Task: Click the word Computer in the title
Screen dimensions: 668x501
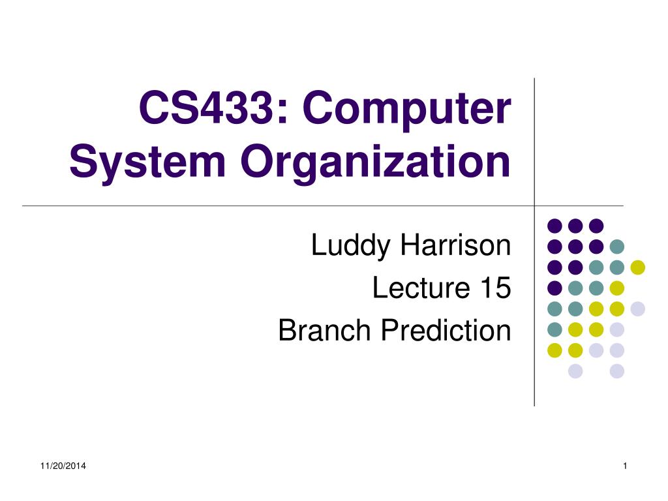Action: [x=407, y=110]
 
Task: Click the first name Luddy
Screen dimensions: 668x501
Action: [x=350, y=246]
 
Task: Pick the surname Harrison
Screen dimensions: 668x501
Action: [x=455, y=245]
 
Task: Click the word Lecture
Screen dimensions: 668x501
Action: [x=421, y=288]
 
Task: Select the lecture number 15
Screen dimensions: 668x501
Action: [x=496, y=288]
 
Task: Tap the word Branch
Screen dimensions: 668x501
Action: [x=324, y=330]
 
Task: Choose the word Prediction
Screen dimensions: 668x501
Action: [x=446, y=330]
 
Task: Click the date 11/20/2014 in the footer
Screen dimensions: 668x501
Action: [x=63, y=466]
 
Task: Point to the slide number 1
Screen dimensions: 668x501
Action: [x=625, y=466]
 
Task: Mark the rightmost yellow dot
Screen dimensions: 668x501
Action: [x=638, y=267]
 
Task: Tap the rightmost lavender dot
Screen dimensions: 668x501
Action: [x=638, y=309]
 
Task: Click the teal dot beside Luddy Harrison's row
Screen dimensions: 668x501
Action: [x=617, y=247]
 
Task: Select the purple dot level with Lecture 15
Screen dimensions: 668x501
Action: [x=554, y=288]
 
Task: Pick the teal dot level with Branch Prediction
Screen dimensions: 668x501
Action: [x=554, y=329]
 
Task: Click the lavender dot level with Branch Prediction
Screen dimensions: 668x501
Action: [x=617, y=329]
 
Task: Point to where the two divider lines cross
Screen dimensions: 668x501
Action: [x=534, y=206]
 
